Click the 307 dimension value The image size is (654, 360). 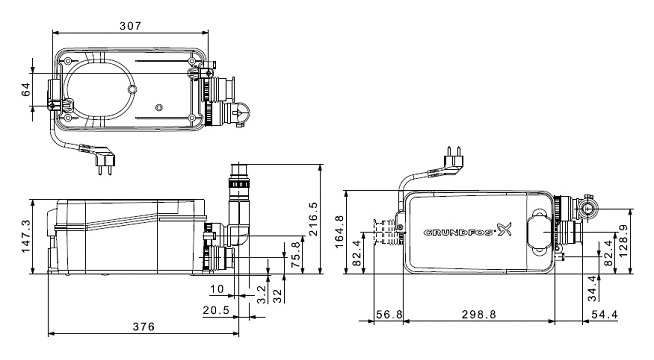point(130,26)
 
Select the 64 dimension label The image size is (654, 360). point(26,89)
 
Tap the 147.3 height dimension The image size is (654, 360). point(26,236)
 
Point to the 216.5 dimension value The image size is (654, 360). point(313,219)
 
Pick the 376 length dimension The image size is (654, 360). point(143,326)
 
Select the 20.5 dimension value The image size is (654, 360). point(216,310)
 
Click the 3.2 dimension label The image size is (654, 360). point(262,295)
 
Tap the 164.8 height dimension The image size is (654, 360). point(339,232)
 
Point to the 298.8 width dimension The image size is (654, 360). point(479,314)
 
